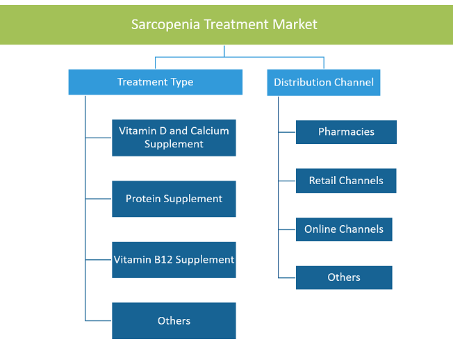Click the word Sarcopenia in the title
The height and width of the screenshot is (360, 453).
coord(165,24)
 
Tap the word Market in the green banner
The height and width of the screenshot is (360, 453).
coord(295,24)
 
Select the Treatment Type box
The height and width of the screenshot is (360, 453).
coord(156,82)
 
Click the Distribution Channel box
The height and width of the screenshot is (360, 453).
coord(324,83)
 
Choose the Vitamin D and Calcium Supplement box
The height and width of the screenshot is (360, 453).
coord(174,138)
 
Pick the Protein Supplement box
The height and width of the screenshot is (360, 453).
coord(174,199)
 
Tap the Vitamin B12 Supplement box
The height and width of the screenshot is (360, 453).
coord(174,260)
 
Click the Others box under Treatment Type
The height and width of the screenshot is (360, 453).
coord(174,320)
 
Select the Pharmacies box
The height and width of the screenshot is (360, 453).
coord(346,132)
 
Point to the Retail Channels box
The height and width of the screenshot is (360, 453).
coord(346,181)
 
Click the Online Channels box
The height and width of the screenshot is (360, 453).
coord(344,229)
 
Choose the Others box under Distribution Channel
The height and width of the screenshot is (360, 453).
coord(344,278)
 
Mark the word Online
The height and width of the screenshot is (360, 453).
coord(320,229)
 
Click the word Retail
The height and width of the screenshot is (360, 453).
coord(322,181)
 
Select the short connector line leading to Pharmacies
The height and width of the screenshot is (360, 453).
coord(287,132)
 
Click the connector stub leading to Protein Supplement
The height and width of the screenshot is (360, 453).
coord(99,199)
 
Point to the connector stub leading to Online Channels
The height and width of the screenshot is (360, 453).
coord(287,230)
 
